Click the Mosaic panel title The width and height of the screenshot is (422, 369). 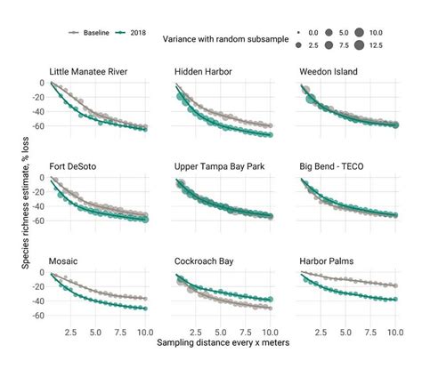pyautogui.click(x=67, y=261)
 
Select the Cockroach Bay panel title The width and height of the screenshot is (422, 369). pyautogui.click(x=206, y=261)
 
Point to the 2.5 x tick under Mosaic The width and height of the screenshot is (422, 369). pyautogui.click(x=71, y=330)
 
